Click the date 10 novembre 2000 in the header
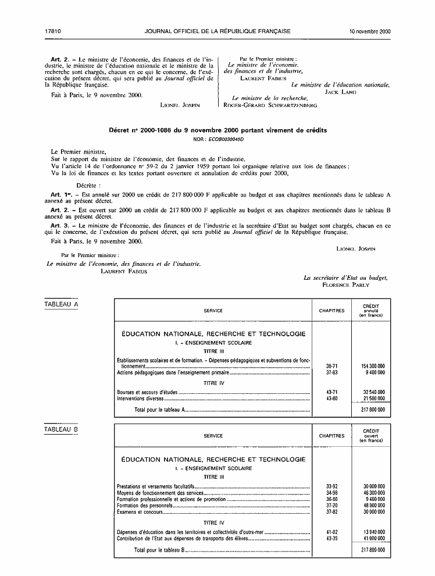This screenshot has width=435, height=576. [369, 31]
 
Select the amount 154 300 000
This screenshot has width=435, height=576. [373, 366]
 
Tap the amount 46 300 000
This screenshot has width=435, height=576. [373, 493]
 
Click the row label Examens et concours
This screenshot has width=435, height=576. [138, 512]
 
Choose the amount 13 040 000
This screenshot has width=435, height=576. [373, 532]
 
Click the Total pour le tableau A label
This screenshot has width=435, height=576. [159, 410]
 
